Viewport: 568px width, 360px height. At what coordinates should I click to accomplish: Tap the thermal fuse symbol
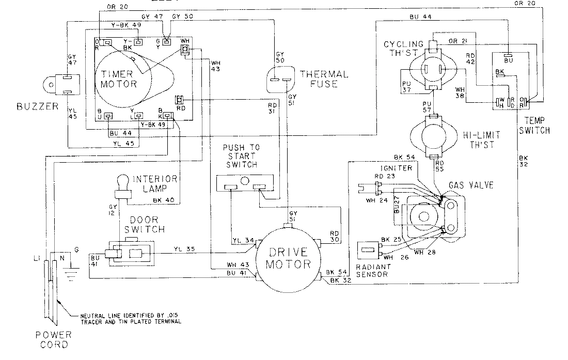pos(281,80)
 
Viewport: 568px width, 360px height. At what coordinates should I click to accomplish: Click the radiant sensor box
pos(369,250)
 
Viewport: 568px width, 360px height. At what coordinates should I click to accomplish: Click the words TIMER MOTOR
pos(119,78)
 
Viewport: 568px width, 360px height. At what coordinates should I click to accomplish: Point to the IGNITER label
pos(395,168)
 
